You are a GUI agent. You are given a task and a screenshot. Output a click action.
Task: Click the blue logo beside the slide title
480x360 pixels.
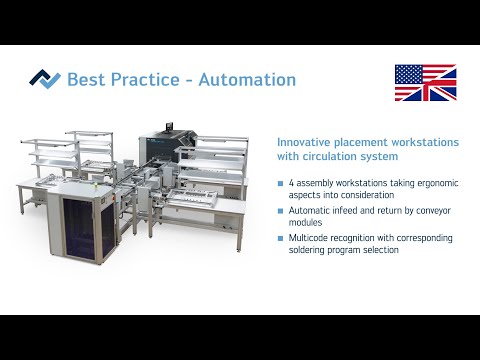pyautogui.click(x=44, y=79)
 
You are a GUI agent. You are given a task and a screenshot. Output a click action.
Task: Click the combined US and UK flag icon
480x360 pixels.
pyautogui.click(x=425, y=83)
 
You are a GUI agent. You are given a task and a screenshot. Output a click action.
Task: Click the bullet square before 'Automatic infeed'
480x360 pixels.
pyautogui.click(x=280, y=212)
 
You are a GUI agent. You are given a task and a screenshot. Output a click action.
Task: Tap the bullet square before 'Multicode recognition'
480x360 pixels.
pyautogui.click(x=280, y=239)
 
